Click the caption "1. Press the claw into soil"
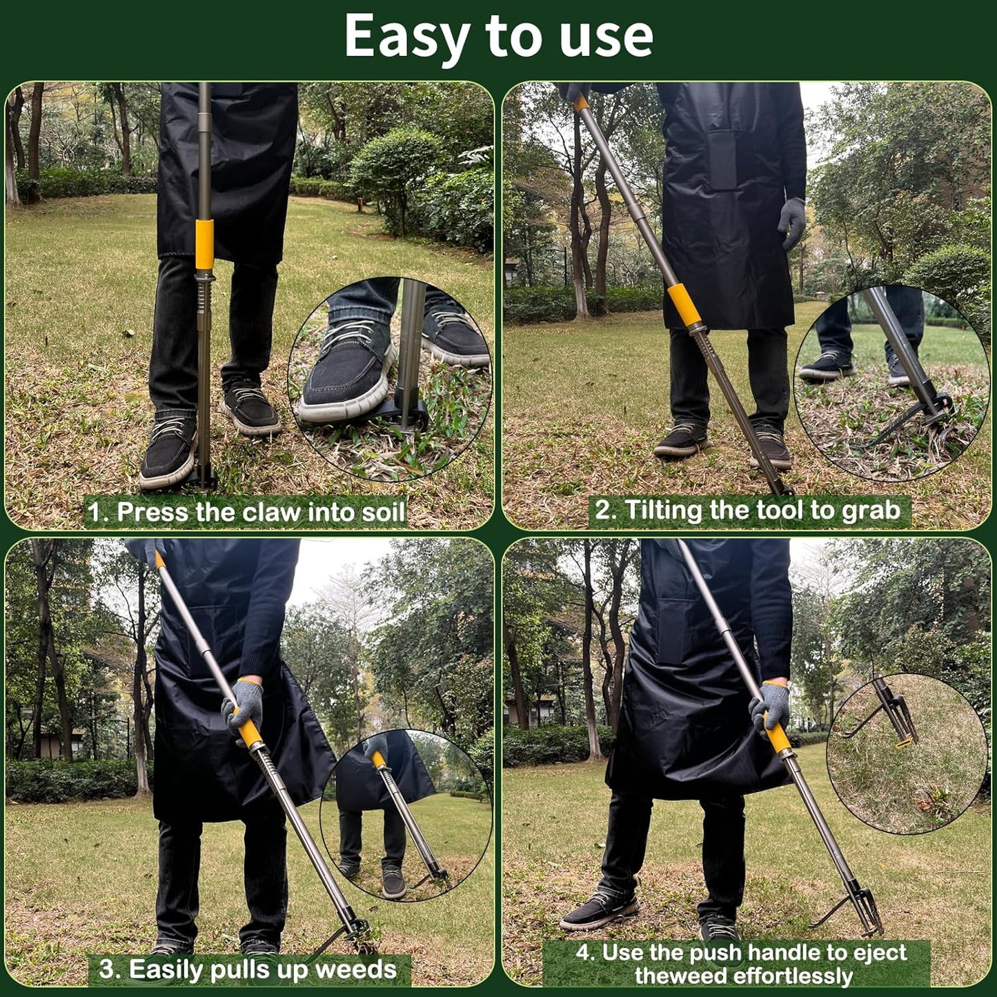pos(246,512)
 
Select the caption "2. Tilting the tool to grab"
pos(748,511)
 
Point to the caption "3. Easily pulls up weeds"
pos(248,969)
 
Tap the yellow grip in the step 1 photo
pos(204,244)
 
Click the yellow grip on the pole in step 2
pos(684,304)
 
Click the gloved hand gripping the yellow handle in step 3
pos(243,707)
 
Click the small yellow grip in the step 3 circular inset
pos(379,761)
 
